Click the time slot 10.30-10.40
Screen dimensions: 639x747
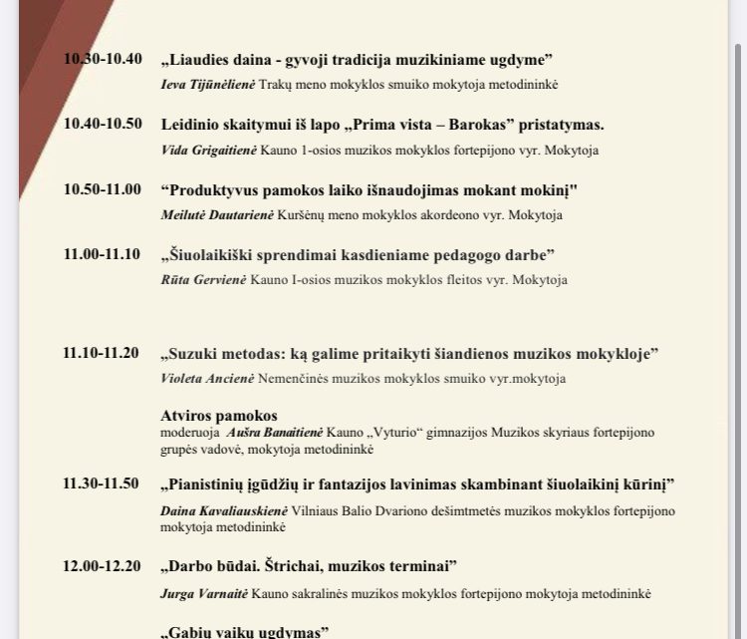(102, 59)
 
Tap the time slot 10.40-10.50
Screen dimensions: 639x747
(102, 125)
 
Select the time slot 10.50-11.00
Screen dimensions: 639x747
(102, 189)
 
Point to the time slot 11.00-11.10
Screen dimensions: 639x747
(102, 254)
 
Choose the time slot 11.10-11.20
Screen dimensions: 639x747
(102, 354)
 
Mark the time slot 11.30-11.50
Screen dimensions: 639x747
(102, 483)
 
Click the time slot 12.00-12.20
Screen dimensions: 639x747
(102, 566)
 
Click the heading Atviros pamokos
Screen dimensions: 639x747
(218, 415)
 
